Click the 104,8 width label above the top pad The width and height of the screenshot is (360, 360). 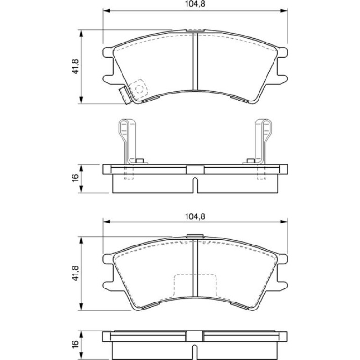tap(195, 4)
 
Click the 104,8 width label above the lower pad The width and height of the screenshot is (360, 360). tap(195, 216)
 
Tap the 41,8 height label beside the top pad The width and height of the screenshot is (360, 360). tap(75, 66)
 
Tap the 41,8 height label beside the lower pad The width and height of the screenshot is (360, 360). tap(75, 274)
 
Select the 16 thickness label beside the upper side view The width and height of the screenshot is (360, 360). tap(75, 179)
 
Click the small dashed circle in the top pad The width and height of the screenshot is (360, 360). tap(139, 89)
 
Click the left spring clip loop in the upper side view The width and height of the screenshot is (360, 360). tap(127, 141)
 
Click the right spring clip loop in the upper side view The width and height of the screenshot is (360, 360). tap(264, 141)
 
